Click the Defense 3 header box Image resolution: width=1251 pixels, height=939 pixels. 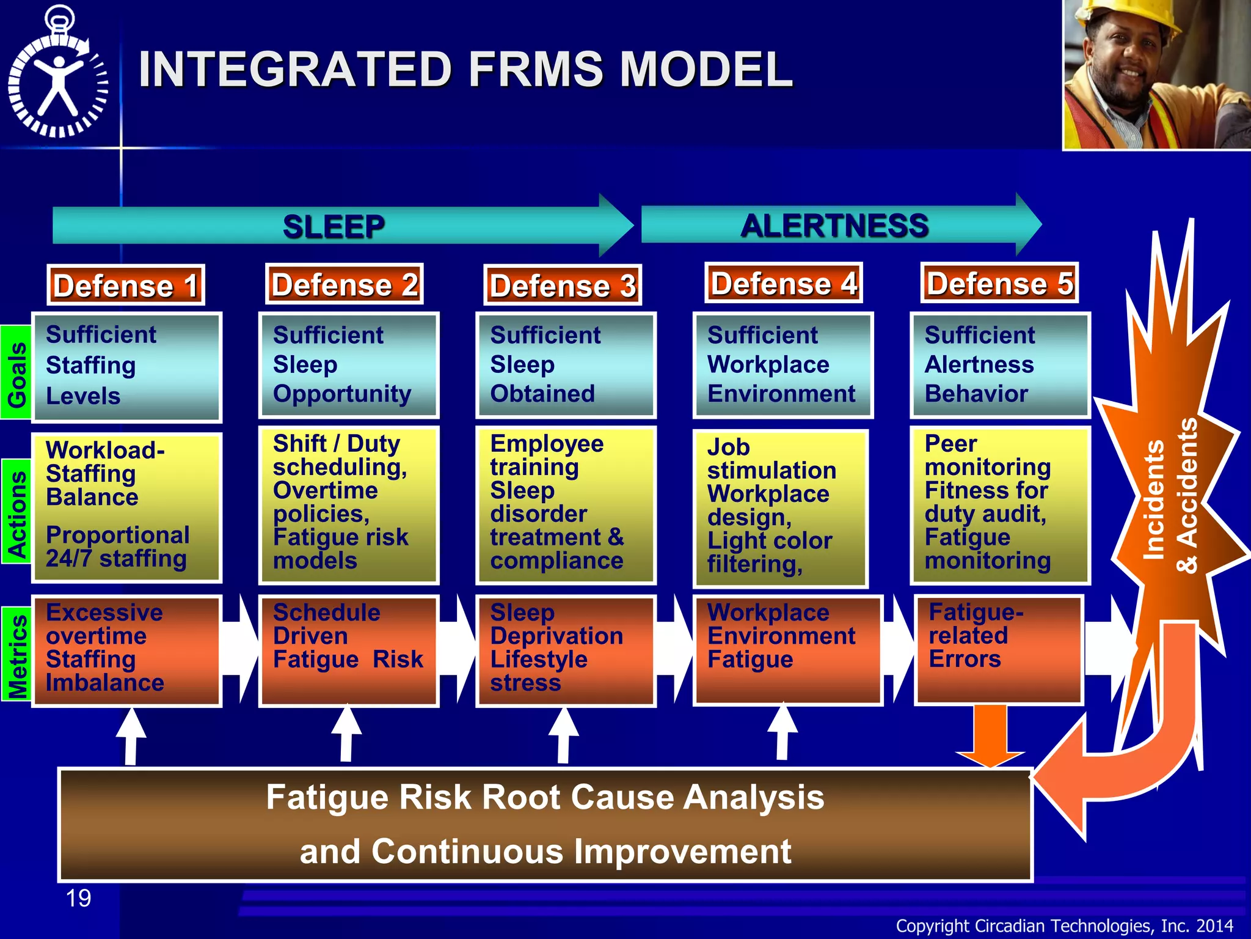pyautogui.click(x=562, y=285)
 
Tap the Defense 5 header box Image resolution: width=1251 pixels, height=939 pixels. pyautogui.click(x=999, y=283)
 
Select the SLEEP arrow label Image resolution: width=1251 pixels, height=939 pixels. pyautogui.click(x=334, y=227)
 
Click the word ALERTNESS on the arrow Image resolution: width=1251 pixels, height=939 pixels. pyautogui.click(x=834, y=226)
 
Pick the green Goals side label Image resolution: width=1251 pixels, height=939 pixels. pyautogui.click(x=16, y=373)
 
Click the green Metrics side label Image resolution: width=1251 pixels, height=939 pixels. pyautogui.click(x=16, y=654)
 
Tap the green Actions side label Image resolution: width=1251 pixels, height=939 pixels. pyautogui.click(x=16, y=512)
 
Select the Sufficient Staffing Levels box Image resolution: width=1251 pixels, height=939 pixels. pyautogui.click(x=126, y=367)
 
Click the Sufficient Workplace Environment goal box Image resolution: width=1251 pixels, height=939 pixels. pyautogui.click(x=782, y=366)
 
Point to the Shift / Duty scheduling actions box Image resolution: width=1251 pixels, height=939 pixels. pyautogui.click(x=348, y=505)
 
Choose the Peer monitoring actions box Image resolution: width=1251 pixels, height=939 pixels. pyautogui.click(x=999, y=505)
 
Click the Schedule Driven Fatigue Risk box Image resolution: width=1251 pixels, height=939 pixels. pyautogui.click(x=348, y=650)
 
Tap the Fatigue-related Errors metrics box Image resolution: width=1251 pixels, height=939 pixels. pyautogui.click(x=998, y=649)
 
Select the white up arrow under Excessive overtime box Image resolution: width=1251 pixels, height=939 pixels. pyautogui.click(x=131, y=736)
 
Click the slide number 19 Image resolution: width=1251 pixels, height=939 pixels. pyautogui.click(x=78, y=898)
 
